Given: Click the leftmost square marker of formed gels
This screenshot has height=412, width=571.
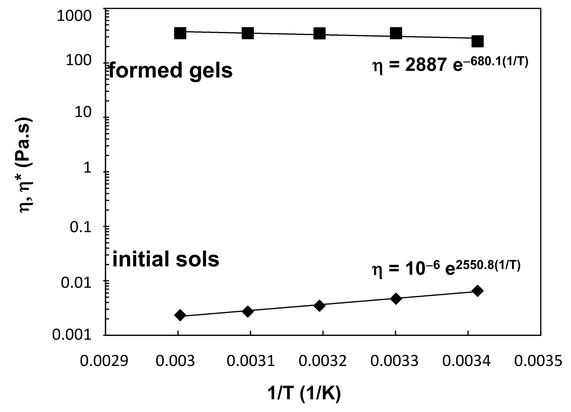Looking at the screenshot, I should tap(180, 33).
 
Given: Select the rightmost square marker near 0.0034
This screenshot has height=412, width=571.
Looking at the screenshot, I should tap(477, 42).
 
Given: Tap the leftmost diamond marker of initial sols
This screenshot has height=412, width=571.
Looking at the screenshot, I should tap(180, 315).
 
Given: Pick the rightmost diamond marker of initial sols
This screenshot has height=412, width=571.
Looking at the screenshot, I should tap(477, 291).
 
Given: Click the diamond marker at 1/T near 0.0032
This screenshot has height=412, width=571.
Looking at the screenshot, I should tap(320, 306).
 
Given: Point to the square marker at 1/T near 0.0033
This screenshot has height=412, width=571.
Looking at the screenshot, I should tap(396, 33).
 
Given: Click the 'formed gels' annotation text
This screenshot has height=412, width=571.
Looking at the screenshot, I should tap(170, 70).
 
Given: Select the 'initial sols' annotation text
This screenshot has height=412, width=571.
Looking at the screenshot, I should tap(166, 259).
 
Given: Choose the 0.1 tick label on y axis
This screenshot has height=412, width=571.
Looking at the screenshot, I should tap(80, 227).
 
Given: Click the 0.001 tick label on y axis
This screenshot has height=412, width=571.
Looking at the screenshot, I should tap(72, 335).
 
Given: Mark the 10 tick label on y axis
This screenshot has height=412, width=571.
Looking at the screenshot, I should tap(83, 113).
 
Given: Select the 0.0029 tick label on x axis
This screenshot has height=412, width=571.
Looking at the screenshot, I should tap(104, 361).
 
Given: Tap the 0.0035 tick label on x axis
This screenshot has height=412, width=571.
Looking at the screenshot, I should tap(538, 361).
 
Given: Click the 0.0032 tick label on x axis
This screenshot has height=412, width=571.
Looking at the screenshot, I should tap(323, 361).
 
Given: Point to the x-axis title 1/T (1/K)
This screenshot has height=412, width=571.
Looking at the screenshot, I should tap(304, 393).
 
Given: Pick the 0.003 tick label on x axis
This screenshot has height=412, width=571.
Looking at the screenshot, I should tap(175, 361).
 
